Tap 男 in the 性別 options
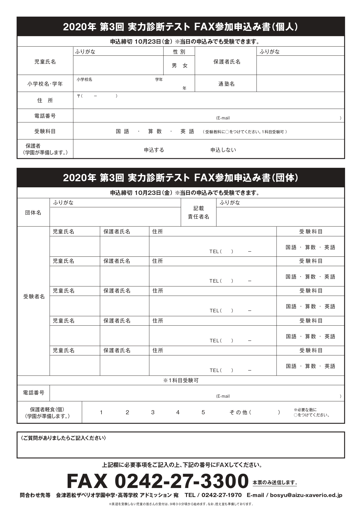point(174,66)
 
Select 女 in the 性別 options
point(185,66)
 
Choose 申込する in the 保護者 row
point(154,150)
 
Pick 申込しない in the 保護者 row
point(223,150)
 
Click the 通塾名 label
point(226,84)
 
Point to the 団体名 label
point(33,213)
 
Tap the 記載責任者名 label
point(199,213)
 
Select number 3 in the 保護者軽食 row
point(153,412)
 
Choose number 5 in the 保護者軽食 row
point(203,412)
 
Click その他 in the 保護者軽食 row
point(238,412)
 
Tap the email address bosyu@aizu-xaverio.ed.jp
point(306,495)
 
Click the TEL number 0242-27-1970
point(221,495)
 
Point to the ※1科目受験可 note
point(181,380)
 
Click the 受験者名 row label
point(34,297)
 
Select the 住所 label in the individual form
point(45,101)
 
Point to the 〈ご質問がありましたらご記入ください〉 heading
point(63,438)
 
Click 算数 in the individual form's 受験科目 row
point(155,131)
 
